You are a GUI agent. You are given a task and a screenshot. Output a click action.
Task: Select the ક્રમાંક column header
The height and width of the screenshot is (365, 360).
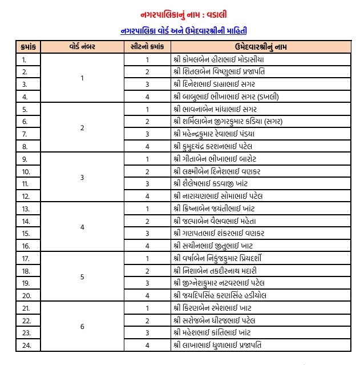click(x=27, y=47)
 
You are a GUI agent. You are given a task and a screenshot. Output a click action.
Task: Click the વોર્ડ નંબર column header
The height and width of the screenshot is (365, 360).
click(x=82, y=47)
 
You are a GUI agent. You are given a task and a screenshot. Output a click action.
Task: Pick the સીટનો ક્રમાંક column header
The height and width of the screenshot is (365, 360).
click(x=147, y=47)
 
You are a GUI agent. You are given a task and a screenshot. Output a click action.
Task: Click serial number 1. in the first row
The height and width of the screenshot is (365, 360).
click(x=24, y=59)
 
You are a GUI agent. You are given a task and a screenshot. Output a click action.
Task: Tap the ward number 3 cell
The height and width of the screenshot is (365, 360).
click(x=82, y=178)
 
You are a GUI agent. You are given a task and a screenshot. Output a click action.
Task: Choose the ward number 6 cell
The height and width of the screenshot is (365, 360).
click(x=82, y=327)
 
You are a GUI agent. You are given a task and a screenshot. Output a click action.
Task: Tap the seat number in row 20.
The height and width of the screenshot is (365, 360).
click(x=147, y=295)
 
